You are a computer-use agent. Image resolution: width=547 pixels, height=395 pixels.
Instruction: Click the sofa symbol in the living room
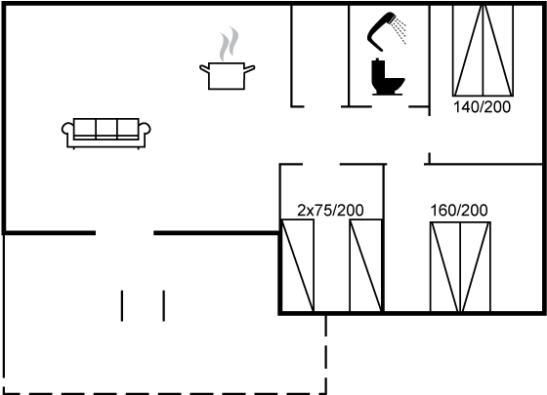106,134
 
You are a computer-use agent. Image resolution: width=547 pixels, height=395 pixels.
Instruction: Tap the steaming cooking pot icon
227,59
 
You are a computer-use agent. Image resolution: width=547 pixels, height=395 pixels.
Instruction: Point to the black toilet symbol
387,77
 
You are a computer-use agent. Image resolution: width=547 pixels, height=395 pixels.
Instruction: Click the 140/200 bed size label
482,107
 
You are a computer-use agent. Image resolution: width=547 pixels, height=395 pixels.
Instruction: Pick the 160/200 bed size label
459,211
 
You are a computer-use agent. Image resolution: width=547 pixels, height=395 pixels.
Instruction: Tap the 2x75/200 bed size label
330,210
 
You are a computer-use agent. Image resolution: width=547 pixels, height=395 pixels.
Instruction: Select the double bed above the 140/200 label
483,51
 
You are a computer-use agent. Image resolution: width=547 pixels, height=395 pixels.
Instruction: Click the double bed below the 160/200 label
460,267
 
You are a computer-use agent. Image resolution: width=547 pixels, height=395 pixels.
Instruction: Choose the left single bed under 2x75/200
298,265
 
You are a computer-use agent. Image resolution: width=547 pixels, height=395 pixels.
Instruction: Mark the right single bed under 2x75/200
366,265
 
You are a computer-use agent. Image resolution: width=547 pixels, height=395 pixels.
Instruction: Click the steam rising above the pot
230,43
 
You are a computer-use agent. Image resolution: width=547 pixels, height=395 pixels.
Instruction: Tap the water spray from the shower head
400,30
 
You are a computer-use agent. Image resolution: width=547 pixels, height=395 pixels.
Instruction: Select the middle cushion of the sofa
106,128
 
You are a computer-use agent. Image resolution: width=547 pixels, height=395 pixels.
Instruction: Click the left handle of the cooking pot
204,68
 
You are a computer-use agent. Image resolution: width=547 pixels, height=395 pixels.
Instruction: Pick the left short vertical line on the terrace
122,305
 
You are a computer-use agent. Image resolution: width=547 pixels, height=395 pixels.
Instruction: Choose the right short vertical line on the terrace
164,305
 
